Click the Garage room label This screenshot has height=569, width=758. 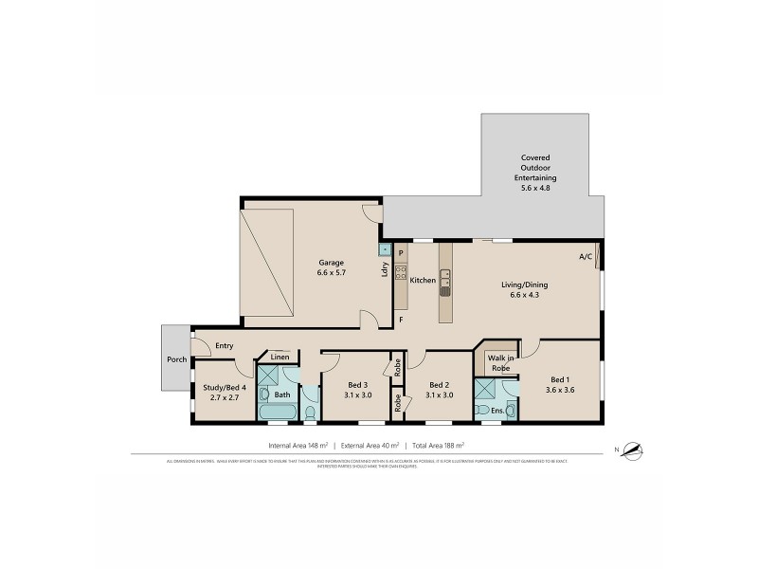[331, 263]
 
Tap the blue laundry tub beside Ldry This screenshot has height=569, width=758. [384, 250]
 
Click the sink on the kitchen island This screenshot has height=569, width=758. [444, 280]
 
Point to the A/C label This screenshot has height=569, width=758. [586, 257]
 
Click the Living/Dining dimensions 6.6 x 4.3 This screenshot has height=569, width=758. [525, 295]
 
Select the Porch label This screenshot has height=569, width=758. [176, 358]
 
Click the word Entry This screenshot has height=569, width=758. [224, 346]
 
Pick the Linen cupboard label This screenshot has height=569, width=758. [280, 358]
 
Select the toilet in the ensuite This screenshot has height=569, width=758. [512, 411]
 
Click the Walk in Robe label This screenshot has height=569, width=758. [501, 362]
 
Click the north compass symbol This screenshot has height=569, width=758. [632, 450]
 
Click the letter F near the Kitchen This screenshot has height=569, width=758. [401, 320]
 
